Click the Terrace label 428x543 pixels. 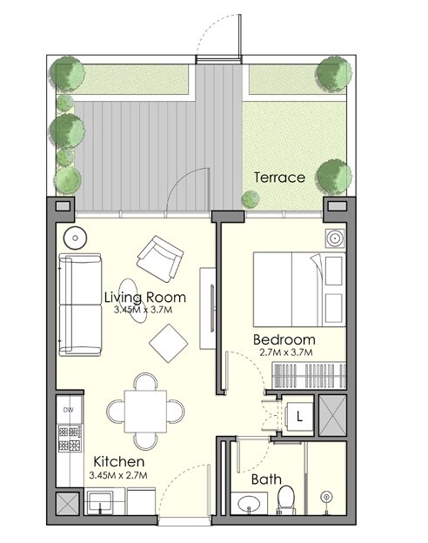(x=279, y=178)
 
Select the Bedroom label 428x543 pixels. (x=284, y=339)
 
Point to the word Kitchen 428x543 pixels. (x=118, y=462)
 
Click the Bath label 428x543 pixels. (x=265, y=479)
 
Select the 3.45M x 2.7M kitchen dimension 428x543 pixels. (x=118, y=475)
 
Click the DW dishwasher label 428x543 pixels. (x=68, y=408)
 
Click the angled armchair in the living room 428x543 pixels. (x=160, y=255)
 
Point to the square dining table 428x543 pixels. (x=144, y=408)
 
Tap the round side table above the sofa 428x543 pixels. (x=74, y=238)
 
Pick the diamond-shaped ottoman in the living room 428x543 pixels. (x=169, y=342)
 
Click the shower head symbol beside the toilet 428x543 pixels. (x=326, y=497)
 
